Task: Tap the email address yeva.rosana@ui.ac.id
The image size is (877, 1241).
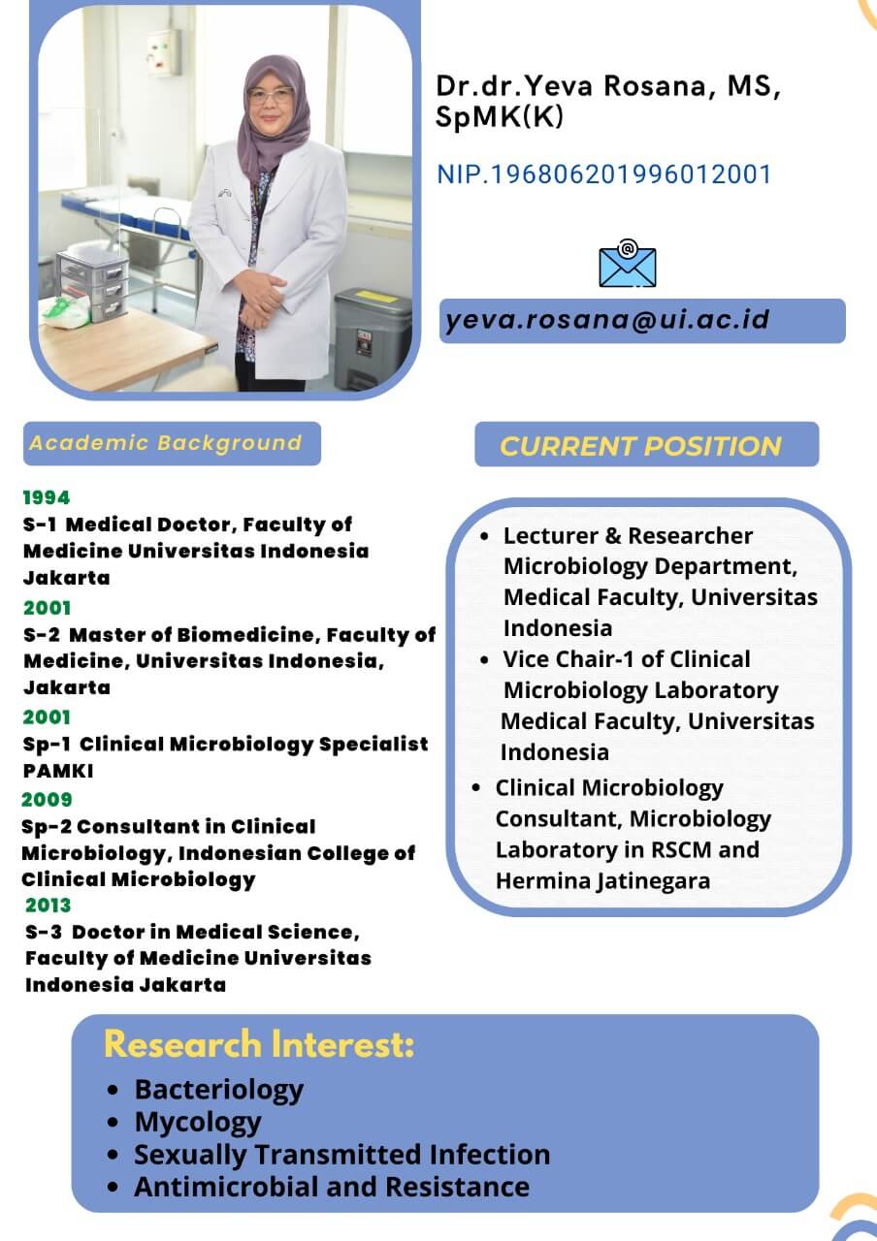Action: (607, 320)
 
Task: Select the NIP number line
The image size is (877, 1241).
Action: (604, 174)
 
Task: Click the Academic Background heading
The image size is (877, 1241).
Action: (166, 443)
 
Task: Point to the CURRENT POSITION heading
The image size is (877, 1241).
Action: (640, 446)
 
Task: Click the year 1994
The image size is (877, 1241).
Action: (47, 497)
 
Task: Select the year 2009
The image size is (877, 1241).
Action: (48, 799)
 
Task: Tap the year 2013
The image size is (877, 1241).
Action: (49, 905)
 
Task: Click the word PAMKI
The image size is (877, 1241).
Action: (58, 771)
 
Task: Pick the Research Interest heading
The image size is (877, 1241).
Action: (259, 1044)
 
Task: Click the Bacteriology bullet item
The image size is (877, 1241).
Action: (219, 1089)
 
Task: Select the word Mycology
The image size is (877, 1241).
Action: (198, 1122)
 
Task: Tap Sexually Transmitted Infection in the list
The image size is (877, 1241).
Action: (342, 1155)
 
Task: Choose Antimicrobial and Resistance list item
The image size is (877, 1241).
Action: (332, 1187)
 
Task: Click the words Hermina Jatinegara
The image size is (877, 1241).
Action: (602, 881)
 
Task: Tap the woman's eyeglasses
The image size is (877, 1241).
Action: (270, 96)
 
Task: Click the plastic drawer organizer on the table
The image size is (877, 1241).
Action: (92, 285)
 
